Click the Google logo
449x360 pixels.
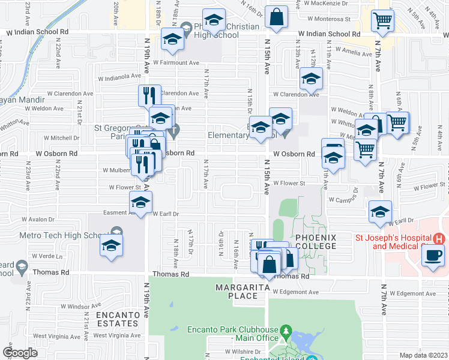click(x=20, y=353)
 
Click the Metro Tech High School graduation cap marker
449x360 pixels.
click(x=110, y=246)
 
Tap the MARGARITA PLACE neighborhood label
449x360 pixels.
click(x=240, y=292)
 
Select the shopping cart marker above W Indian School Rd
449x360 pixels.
click(x=382, y=22)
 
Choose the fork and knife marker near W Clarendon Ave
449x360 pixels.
click(x=149, y=97)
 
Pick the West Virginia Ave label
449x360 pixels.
click(x=115, y=335)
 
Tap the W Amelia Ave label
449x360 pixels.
click(x=354, y=53)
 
